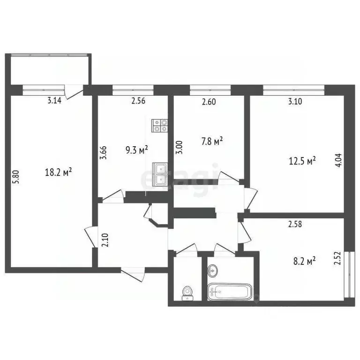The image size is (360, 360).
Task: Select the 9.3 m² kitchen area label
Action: [137, 150]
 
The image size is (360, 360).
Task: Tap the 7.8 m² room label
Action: [211, 140]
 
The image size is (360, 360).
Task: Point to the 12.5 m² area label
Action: [301, 161]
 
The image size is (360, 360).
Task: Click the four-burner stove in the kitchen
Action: [160, 125]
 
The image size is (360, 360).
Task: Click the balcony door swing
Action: [74, 92]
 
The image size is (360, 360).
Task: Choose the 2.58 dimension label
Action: [295, 225]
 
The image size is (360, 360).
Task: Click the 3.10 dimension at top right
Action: [295, 100]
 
